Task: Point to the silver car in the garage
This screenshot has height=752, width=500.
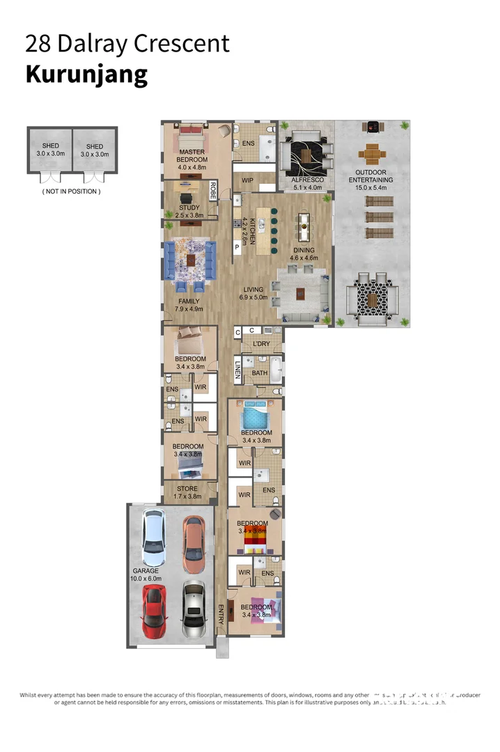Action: (194, 611)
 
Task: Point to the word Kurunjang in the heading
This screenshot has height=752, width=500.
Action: (86, 74)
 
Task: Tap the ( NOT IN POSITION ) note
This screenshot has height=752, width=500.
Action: (71, 191)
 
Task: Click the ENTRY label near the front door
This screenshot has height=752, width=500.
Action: (221, 613)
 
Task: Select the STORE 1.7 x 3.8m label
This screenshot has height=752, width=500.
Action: (187, 493)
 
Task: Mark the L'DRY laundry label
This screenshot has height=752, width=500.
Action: (261, 344)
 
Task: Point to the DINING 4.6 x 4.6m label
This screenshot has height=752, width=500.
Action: (304, 253)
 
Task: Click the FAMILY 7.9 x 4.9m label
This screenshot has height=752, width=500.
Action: (189, 305)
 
